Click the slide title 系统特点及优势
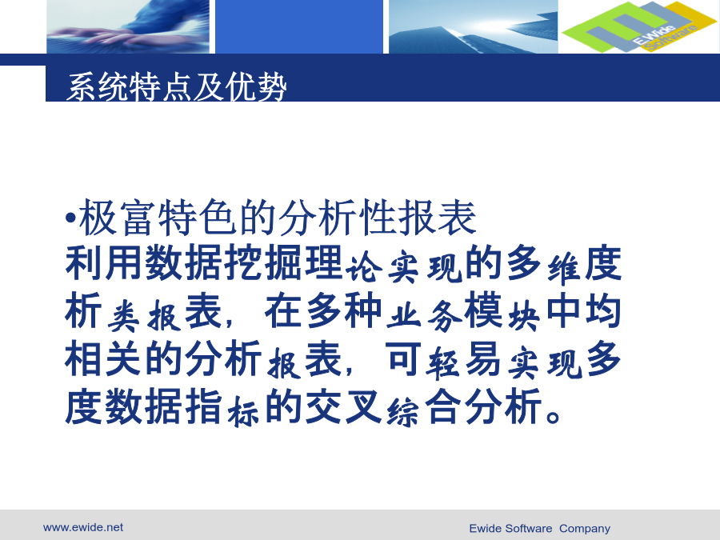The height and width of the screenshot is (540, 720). pyautogui.click(x=177, y=86)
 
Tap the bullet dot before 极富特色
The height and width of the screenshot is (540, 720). pyautogui.click(x=70, y=217)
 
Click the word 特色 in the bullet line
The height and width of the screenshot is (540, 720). pyautogui.click(x=198, y=218)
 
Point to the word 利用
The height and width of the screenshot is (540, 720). pyautogui.click(x=104, y=263)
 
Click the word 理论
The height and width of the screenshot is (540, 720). pyautogui.click(x=324, y=264)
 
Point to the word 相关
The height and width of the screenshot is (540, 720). pyautogui.click(x=104, y=358)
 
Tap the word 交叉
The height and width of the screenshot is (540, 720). pyautogui.click(x=343, y=406)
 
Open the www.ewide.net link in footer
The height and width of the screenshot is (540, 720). pyautogui.click(x=83, y=527)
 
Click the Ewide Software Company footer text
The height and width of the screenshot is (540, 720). pyautogui.click(x=539, y=529)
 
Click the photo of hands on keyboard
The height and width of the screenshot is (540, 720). pyautogui.click(x=128, y=26)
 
